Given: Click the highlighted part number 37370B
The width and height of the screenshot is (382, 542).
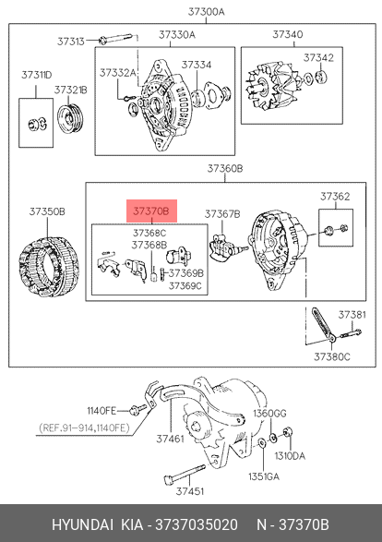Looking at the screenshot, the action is (151, 211).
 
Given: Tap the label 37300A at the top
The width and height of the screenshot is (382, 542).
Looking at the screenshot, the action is (206, 12).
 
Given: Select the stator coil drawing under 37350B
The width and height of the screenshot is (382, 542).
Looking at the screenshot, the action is (49, 267).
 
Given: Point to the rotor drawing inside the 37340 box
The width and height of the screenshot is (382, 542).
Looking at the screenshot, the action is (272, 85).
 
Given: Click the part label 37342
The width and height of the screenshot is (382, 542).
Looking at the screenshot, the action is (318, 58).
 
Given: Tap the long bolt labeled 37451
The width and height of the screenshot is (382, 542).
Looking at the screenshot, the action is (185, 474).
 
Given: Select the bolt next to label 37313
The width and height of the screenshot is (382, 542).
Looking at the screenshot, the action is (115, 39).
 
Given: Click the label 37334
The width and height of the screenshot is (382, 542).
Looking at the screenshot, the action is (197, 65).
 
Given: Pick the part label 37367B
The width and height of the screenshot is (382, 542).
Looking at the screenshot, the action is (222, 214).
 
